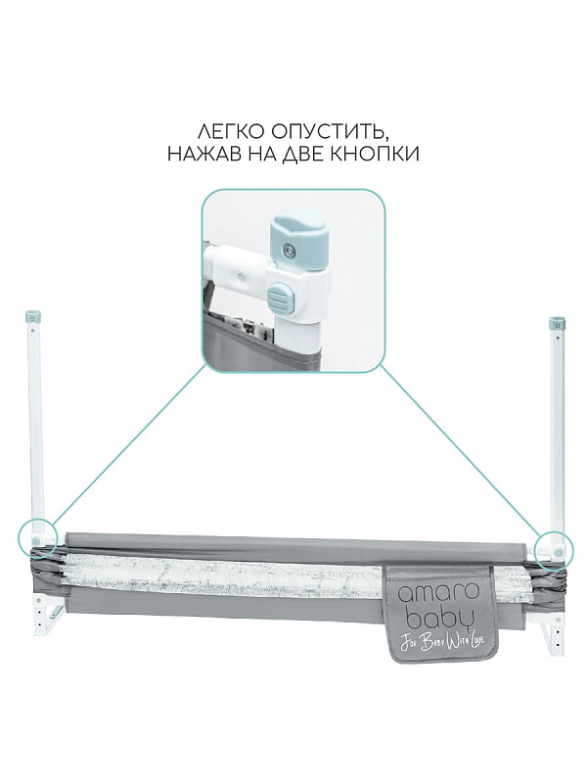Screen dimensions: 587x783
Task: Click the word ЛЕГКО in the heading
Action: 231,132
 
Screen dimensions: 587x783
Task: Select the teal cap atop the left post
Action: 33,317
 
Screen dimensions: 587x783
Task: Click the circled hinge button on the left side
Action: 35,540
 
